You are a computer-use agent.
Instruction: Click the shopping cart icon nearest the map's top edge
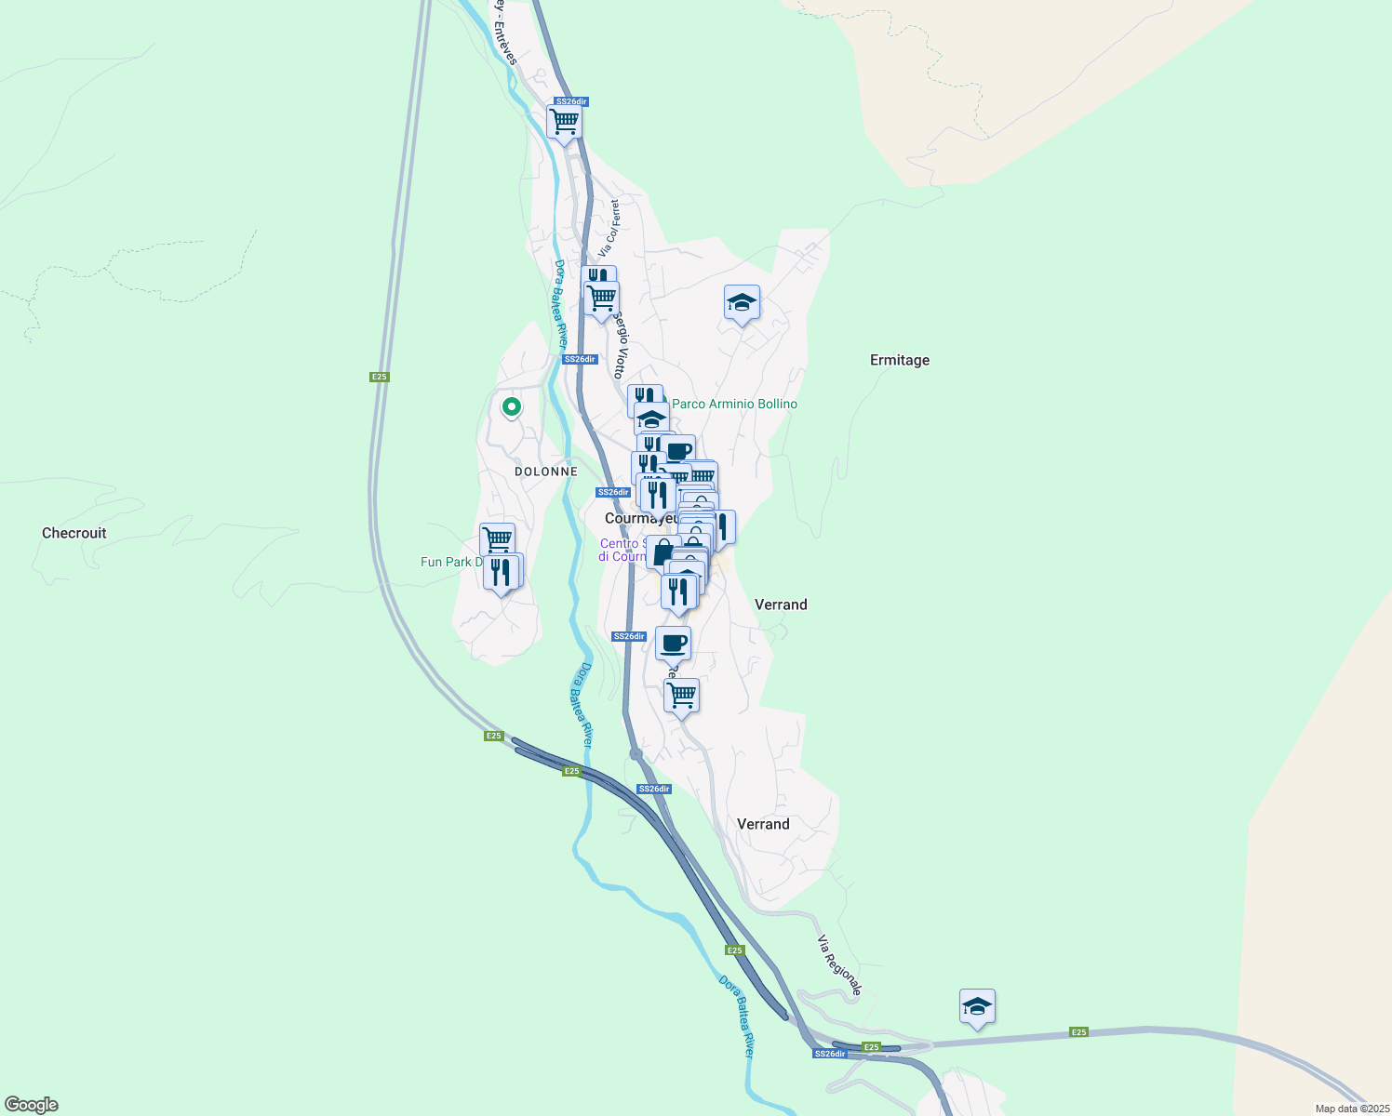[x=564, y=122]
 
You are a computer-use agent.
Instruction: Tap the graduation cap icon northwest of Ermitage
[x=742, y=302]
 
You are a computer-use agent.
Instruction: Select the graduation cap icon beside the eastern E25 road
[x=977, y=1006]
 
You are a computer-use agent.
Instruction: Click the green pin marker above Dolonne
[x=511, y=406]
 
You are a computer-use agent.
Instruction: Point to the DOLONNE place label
[x=546, y=472]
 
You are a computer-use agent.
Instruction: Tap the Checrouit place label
[x=74, y=533]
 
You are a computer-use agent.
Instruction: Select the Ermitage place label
[x=899, y=360]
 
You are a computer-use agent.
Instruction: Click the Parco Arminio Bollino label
[x=734, y=404]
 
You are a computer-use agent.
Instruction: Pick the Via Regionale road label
[x=839, y=965]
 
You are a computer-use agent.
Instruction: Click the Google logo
[x=32, y=1105]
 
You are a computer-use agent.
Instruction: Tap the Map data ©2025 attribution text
[x=1352, y=1109]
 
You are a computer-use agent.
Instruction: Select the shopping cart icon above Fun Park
[x=497, y=539]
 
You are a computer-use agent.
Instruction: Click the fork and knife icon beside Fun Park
[x=502, y=572]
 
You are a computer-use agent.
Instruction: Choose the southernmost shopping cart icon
[x=681, y=695]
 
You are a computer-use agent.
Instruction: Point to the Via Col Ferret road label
[x=609, y=228]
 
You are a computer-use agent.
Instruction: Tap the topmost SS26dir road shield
[x=571, y=101]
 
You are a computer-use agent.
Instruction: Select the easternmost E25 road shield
[x=1078, y=1032]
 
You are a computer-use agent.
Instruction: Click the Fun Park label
[x=452, y=562]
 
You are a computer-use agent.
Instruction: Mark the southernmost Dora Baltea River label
[x=735, y=1016]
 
